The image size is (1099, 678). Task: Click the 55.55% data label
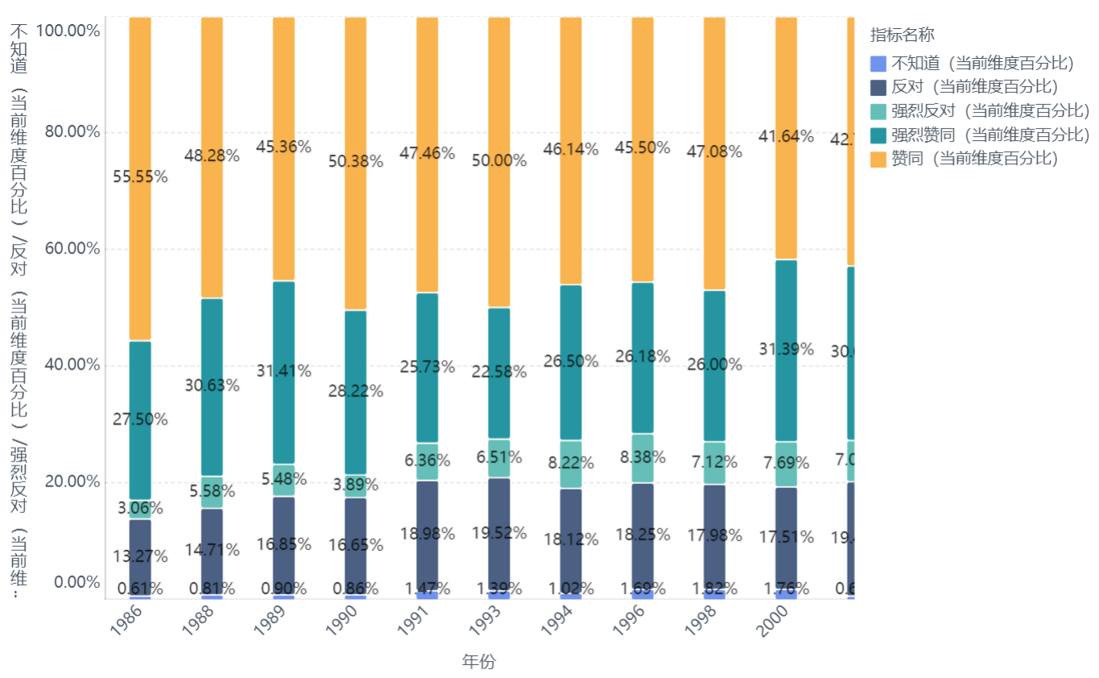click(140, 177)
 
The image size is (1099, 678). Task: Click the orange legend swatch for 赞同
click(878, 159)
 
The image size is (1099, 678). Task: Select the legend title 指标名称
click(902, 35)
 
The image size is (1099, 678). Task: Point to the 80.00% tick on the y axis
click(72, 132)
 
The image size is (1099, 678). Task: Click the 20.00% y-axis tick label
click(72, 482)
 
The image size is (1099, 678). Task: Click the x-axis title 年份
click(479, 662)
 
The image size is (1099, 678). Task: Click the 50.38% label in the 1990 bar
click(355, 161)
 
